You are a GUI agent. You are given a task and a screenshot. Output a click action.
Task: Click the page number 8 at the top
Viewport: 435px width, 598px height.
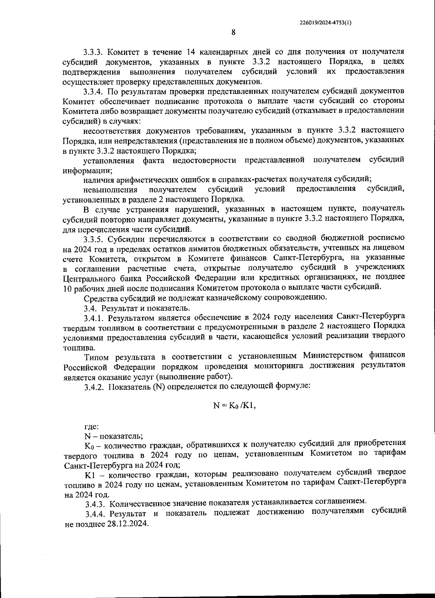click(x=233, y=32)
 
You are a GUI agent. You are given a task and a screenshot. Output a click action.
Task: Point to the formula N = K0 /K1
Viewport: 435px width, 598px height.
click(x=234, y=406)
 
